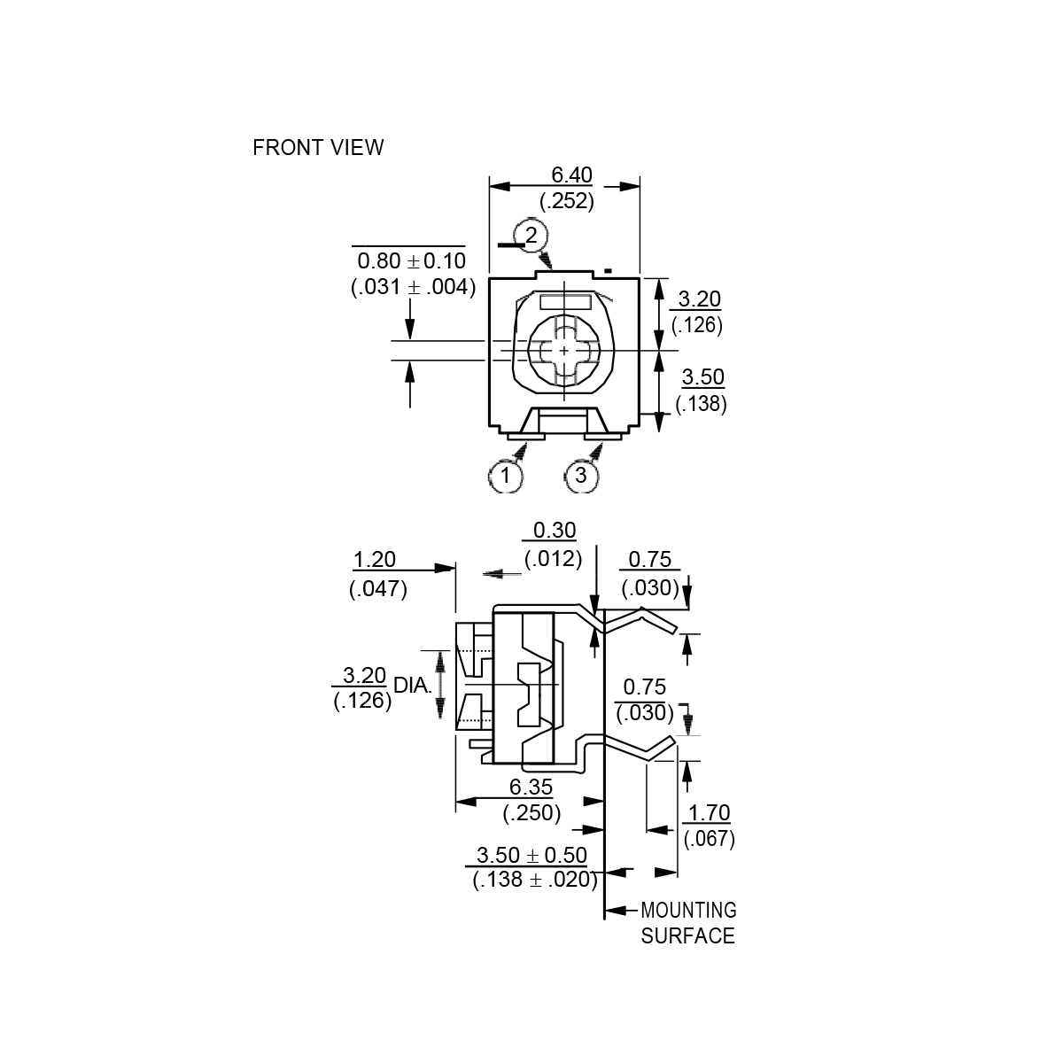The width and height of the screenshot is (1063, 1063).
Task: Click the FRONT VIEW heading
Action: (318, 147)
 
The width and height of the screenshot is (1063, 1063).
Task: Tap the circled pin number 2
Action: (531, 235)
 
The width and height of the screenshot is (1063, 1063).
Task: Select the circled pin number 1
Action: (506, 476)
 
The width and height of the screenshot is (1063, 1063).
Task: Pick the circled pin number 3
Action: (581, 476)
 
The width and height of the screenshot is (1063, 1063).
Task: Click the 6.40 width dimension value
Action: (571, 175)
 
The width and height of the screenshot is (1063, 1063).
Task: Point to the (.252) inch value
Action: (567, 201)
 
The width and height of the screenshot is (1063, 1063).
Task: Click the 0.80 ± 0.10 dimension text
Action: (410, 261)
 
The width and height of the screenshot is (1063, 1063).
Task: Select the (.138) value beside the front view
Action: (701, 404)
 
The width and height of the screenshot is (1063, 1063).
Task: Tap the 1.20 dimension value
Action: (374, 560)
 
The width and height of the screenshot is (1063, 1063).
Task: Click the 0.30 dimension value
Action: (555, 531)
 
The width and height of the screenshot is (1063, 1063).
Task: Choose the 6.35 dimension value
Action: (531, 787)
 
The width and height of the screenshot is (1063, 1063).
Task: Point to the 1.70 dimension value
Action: (709, 812)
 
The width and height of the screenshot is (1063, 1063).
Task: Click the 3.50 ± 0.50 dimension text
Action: (531, 856)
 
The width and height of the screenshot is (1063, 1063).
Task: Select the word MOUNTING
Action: (688, 910)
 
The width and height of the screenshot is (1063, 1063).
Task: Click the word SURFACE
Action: (687, 936)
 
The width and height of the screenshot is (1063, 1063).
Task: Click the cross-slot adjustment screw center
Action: (564, 352)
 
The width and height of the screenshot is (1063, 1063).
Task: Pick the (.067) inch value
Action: (709, 838)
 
